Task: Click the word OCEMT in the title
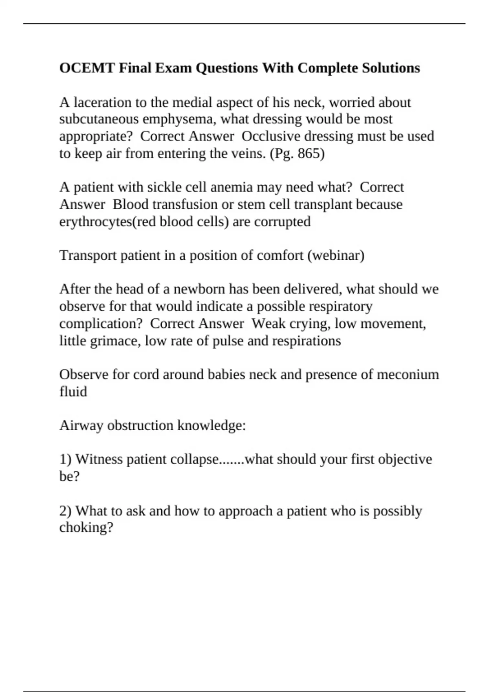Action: (x=87, y=68)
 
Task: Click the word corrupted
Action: (x=282, y=221)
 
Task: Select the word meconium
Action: (x=408, y=374)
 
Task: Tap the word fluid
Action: (x=73, y=392)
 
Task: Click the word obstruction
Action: (x=140, y=425)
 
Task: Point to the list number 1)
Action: (x=65, y=459)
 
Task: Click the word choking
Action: (x=86, y=528)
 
